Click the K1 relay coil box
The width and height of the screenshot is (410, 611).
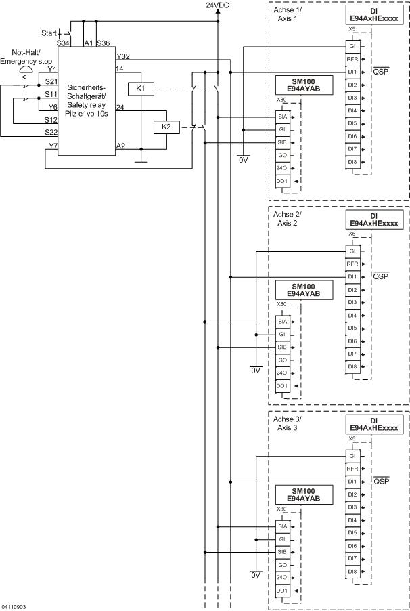tap(141, 89)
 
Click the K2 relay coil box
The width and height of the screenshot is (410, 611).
tap(166, 127)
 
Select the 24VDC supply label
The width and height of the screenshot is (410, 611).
tap(218, 5)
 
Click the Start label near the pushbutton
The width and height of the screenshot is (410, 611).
tap(49, 32)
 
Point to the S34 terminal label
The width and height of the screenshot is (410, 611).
tap(64, 43)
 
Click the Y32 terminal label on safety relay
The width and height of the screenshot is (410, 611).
tap(123, 56)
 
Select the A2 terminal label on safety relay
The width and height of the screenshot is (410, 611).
tap(120, 146)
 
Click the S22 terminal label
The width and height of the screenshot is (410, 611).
tap(51, 132)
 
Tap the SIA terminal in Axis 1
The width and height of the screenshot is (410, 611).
tap(283, 117)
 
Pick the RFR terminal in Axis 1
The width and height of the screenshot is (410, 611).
tap(352, 59)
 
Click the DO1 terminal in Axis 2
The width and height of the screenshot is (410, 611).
tap(283, 385)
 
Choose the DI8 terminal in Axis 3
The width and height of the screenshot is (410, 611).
tap(352, 572)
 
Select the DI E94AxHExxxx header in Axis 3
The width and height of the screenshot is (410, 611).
tap(374, 425)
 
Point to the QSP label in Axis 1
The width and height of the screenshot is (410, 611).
tap(381, 70)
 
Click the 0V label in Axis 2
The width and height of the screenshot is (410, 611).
tap(255, 371)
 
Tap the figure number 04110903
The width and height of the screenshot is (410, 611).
tap(14, 606)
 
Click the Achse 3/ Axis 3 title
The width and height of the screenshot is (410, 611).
tap(288, 424)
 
